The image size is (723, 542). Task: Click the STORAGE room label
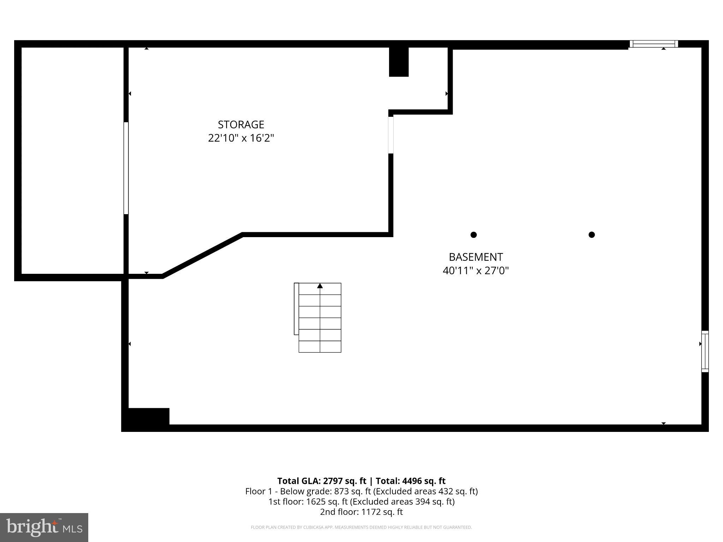click(x=241, y=125)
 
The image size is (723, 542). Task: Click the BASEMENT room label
click(x=476, y=257)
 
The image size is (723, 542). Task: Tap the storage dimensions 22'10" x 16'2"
click(x=241, y=138)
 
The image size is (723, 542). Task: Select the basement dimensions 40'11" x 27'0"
click(x=476, y=271)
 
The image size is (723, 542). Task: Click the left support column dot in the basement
click(x=474, y=235)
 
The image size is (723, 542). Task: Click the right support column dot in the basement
click(x=592, y=235)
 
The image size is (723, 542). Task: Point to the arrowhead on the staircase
click(x=320, y=286)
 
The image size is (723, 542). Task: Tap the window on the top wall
click(x=653, y=44)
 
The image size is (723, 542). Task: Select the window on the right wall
click(x=705, y=351)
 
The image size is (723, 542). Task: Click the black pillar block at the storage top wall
click(x=399, y=62)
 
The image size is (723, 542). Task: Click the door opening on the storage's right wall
click(x=390, y=135)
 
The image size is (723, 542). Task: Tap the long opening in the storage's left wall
click(x=126, y=168)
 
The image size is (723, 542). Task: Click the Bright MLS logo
click(x=44, y=527)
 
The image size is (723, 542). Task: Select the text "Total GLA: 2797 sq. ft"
click(x=322, y=481)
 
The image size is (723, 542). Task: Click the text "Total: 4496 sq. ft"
click(x=411, y=481)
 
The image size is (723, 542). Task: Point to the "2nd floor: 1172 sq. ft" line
click(x=361, y=512)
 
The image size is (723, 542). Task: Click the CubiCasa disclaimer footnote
click(x=361, y=528)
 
